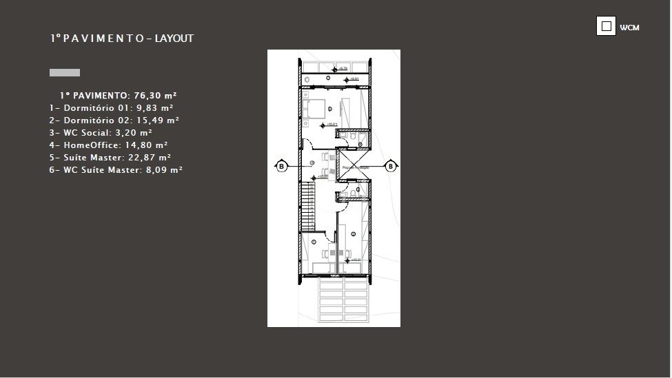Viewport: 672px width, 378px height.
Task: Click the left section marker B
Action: (281, 166)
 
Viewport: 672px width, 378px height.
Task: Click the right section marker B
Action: (391, 166)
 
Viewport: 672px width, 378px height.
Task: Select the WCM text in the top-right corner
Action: (629, 28)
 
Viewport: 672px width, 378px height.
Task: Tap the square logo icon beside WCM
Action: (606, 26)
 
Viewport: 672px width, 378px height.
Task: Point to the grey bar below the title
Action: (65, 72)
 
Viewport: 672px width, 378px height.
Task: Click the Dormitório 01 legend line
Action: (111, 108)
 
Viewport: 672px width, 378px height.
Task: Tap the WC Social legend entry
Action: (101, 132)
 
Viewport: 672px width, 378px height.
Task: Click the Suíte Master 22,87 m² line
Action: (110, 157)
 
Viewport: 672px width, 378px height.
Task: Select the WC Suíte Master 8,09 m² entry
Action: (116, 169)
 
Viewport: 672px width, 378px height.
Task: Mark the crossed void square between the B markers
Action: (354, 166)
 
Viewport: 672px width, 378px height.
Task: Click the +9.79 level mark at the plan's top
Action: (342, 68)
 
